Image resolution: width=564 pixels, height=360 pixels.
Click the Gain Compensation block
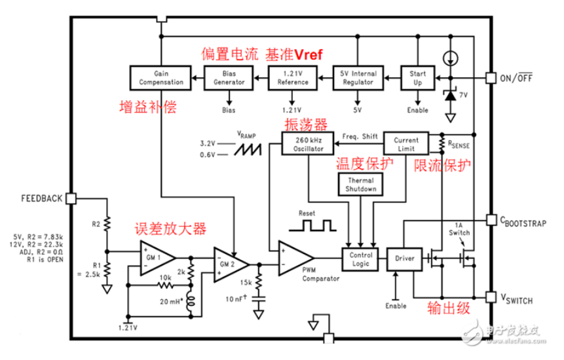160,78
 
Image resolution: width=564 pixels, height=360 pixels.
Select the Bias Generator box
229,78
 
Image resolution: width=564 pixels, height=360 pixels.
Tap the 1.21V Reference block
292,78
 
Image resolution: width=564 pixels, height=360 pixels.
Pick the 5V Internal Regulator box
358,78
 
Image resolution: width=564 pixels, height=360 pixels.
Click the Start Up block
418,78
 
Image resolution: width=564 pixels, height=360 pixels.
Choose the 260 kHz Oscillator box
308,144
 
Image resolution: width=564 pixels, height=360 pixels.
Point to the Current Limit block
406,144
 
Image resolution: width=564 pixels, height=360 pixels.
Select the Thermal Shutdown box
360,185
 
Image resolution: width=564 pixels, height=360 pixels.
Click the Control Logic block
360,259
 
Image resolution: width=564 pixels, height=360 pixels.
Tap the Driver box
404,259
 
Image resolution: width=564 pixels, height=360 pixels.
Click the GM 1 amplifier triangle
158,258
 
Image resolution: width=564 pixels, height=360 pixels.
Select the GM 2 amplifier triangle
231,264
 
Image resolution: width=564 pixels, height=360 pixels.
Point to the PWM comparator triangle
296,258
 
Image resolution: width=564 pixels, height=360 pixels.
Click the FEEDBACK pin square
71,198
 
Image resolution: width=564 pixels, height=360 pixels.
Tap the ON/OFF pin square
491,78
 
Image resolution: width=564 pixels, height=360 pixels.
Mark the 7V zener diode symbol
450,95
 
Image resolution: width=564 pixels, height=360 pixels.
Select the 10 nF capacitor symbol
258,299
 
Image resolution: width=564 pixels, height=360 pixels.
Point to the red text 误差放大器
170,229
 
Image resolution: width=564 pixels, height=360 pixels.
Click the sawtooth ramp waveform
248,149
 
